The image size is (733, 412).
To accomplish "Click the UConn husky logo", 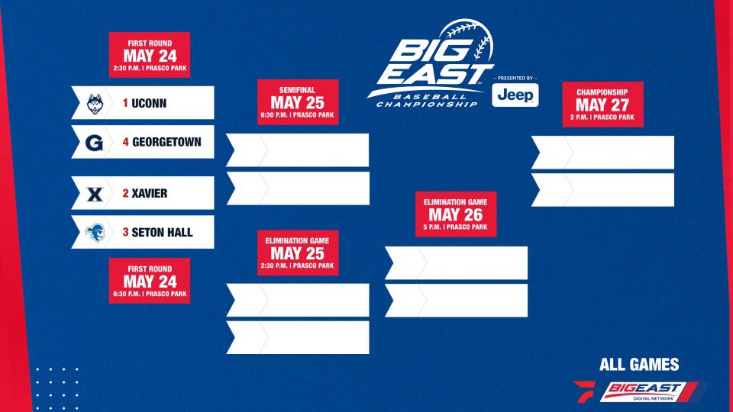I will tap(95, 102).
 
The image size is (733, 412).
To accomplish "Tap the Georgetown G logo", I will tap(95, 142).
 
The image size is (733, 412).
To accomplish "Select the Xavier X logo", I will tap(95, 194).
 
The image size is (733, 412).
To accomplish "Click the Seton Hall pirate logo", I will tap(95, 233).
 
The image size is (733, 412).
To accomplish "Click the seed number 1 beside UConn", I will tap(124, 102).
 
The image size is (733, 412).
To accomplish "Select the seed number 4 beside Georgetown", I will tap(124, 142).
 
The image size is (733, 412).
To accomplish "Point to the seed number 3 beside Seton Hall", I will tap(124, 233).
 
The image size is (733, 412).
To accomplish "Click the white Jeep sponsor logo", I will tap(516, 95).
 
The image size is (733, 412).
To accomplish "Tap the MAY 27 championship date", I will tap(602, 105).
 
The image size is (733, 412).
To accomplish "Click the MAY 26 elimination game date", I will tap(455, 215).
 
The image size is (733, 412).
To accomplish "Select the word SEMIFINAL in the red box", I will tap(297, 91).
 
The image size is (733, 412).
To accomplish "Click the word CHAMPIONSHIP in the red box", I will tap(602, 91).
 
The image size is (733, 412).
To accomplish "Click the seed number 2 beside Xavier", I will tap(124, 194).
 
